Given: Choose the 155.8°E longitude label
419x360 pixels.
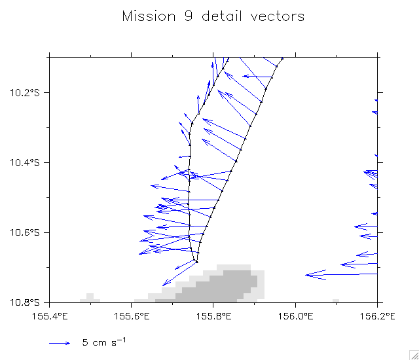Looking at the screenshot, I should [214, 316].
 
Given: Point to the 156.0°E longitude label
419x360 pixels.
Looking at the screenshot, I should [296, 316].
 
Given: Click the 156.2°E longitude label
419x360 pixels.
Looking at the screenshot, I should [378, 316].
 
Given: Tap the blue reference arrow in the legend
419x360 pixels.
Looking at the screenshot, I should [60, 342].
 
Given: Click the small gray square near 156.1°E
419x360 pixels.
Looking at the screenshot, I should [336, 300].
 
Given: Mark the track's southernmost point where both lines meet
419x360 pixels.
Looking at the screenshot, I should [196, 262].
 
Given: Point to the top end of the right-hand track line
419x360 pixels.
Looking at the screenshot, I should [282, 58].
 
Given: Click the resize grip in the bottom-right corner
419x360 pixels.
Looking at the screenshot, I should [413, 354].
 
